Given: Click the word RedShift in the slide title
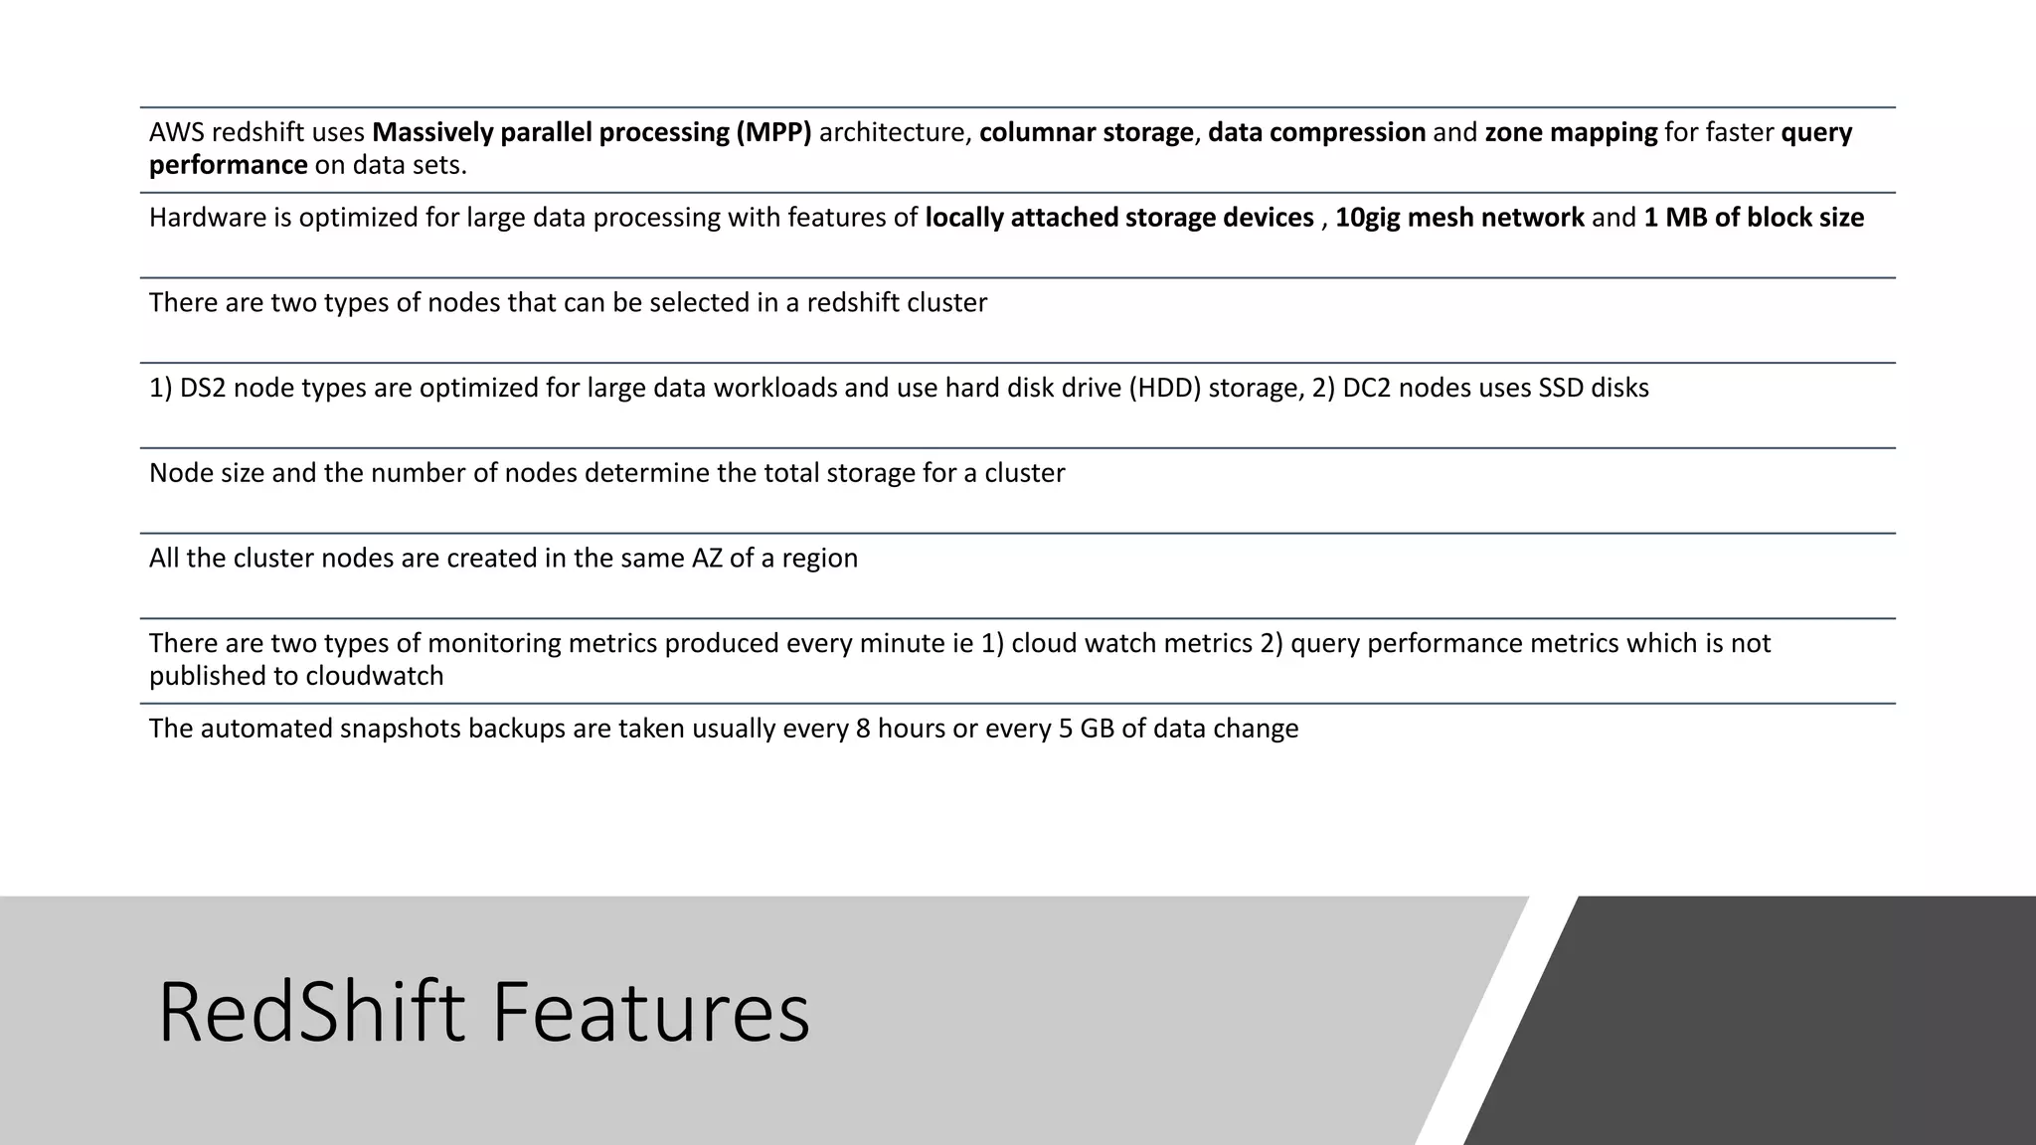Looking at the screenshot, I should pos(311,1013).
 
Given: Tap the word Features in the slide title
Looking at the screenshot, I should pos(651,1013).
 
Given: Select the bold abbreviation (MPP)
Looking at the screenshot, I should pos(773,132).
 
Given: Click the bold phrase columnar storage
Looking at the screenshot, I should pos(1086,132).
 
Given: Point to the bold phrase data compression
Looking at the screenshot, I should pos(1316,132).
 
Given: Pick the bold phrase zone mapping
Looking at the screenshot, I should pos(1571,132).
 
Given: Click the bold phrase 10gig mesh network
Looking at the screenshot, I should pos(1459,218).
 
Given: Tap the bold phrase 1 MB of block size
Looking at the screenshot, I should pos(1754,218).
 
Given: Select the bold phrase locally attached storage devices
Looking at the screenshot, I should pos(1119,218).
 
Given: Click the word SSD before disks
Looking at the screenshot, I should pos(1561,388).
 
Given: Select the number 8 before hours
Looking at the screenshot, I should pos(863,729).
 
